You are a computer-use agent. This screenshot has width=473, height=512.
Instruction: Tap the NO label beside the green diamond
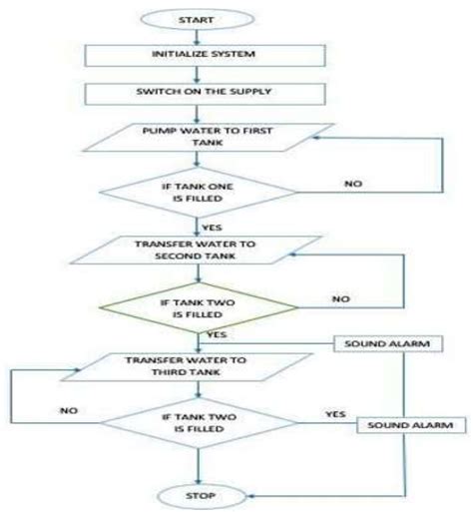[341, 297]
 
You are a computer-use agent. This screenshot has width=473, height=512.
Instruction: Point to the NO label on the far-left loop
[67, 409]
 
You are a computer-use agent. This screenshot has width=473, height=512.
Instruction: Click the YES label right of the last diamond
[334, 411]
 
